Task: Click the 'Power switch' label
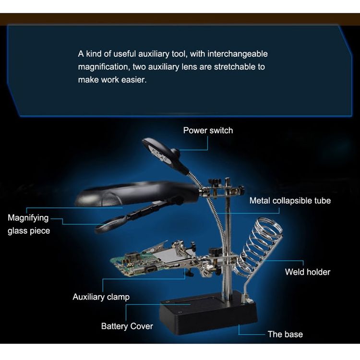click(x=208, y=131)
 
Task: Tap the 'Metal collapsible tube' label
click(x=290, y=201)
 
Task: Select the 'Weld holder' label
click(x=308, y=272)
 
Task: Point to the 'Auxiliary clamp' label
click(x=101, y=297)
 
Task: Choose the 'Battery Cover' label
click(x=127, y=326)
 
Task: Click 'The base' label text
click(x=285, y=334)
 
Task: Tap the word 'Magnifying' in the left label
click(x=28, y=218)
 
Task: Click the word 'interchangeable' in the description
click(x=238, y=54)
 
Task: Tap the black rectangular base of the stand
click(x=208, y=313)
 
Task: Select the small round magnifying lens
click(x=111, y=225)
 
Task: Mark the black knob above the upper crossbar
click(x=214, y=182)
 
